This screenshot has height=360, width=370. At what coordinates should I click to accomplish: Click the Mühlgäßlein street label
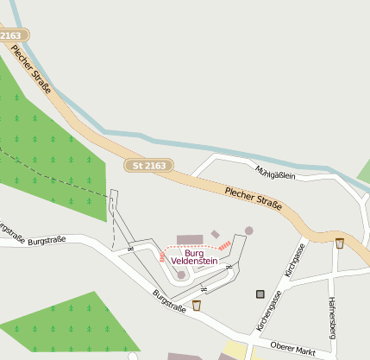click(x=276, y=173)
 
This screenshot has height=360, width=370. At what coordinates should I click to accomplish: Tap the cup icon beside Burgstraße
click(x=197, y=305)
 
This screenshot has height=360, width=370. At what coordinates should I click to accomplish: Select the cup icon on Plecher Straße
click(x=340, y=243)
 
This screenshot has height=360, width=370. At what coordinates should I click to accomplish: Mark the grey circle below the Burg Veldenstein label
click(x=181, y=275)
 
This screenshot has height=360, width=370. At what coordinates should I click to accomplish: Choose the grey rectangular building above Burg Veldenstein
click(x=189, y=239)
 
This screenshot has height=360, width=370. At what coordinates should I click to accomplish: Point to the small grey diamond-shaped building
click(x=215, y=234)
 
